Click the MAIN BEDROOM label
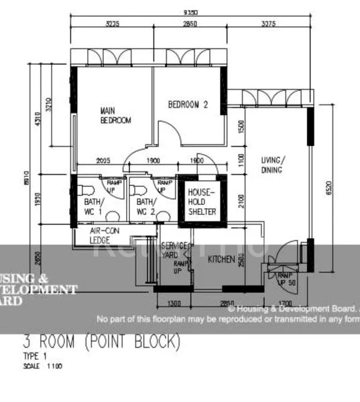pos(115,115)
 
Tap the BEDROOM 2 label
pos(188,105)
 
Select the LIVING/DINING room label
pos(273,165)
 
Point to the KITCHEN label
pos(221,259)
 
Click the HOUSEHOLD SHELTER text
pos(202,202)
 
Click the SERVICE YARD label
pos(174,250)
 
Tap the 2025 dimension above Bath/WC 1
pos(103,161)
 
